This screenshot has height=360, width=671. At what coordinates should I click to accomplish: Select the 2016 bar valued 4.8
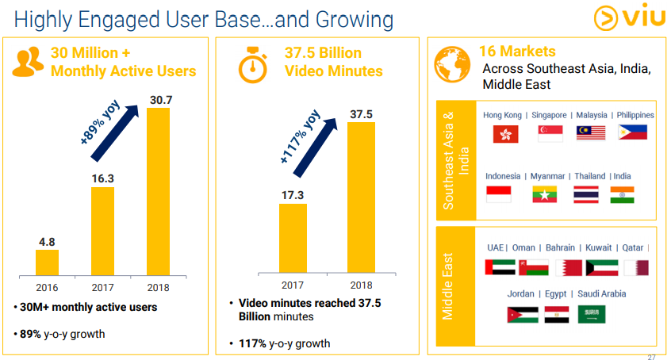click(47, 262)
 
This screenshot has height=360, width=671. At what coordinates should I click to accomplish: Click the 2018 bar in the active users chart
click(158, 190)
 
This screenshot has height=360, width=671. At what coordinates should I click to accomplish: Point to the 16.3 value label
click(102, 179)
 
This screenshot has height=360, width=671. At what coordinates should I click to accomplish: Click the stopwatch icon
click(254, 65)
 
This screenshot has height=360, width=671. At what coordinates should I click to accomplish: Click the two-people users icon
click(28, 62)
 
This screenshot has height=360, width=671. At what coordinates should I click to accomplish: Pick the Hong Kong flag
click(505, 133)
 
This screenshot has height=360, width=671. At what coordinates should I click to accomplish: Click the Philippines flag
click(632, 132)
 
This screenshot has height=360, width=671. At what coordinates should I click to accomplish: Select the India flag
click(622, 194)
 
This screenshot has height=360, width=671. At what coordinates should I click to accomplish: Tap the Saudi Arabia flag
click(591, 315)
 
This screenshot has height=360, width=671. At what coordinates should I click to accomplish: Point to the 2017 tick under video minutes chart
click(292, 285)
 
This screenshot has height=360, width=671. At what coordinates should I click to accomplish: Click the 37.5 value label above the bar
click(361, 114)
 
